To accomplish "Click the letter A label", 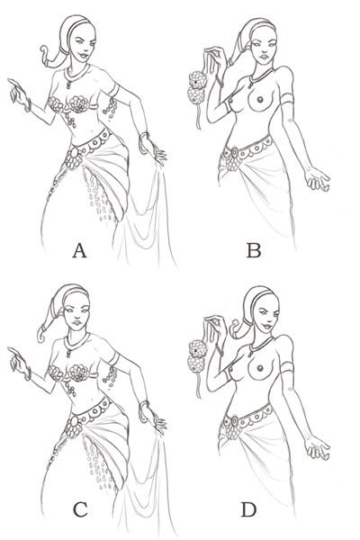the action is click(x=79, y=250).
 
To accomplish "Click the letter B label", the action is click(x=254, y=250).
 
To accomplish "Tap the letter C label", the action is click(x=80, y=509).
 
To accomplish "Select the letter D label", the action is click(x=248, y=509).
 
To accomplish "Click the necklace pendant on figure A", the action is click(x=69, y=85).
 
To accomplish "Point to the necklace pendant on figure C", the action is click(x=69, y=353).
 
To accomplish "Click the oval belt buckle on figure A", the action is click(x=74, y=152).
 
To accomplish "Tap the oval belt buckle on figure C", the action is click(x=74, y=420).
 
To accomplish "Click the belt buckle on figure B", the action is click(x=235, y=152).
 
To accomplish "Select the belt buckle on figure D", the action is click(x=235, y=421).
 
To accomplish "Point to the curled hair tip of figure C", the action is click(x=41, y=334).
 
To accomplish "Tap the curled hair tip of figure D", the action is click(x=235, y=327).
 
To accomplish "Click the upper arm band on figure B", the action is click(x=286, y=99).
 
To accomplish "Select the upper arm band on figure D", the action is click(x=286, y=368).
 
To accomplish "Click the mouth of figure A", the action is click(x=83, y=55).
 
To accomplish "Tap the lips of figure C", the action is click(x=77, y=323).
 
